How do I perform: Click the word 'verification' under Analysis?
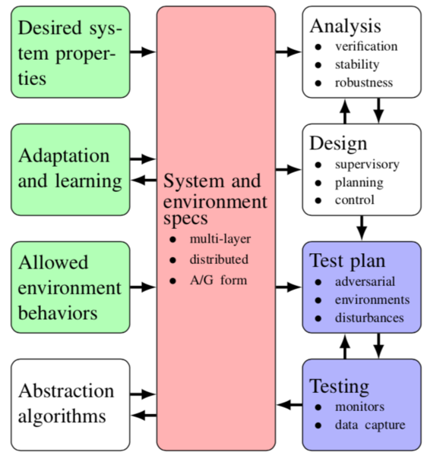coord(366,46)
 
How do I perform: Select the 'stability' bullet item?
coord(357,64)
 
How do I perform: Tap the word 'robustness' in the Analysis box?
coord(364,83)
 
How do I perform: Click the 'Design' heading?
coord(338,143)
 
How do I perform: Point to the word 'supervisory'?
coord(367,165)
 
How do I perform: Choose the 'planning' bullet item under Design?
coord(359,183)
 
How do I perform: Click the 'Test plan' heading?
coord(347,261)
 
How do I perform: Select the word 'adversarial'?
coord(365,281)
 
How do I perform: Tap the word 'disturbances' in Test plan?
coord(369,318)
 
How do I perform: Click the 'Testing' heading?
coord(340,387)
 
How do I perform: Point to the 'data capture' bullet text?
coord(370,425)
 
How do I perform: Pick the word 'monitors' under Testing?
coord(360,407)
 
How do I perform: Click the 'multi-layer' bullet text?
coord(220,240)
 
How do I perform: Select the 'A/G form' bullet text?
coord(219,281)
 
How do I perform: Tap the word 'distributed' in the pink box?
coord(219,259)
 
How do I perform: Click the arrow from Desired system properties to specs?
coord(143,52)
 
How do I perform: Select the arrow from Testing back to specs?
coord(289,405)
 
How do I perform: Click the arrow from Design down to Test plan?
coord(362,227)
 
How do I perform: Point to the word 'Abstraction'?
coord(66,391)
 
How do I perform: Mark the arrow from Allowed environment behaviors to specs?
coord(143,287)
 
